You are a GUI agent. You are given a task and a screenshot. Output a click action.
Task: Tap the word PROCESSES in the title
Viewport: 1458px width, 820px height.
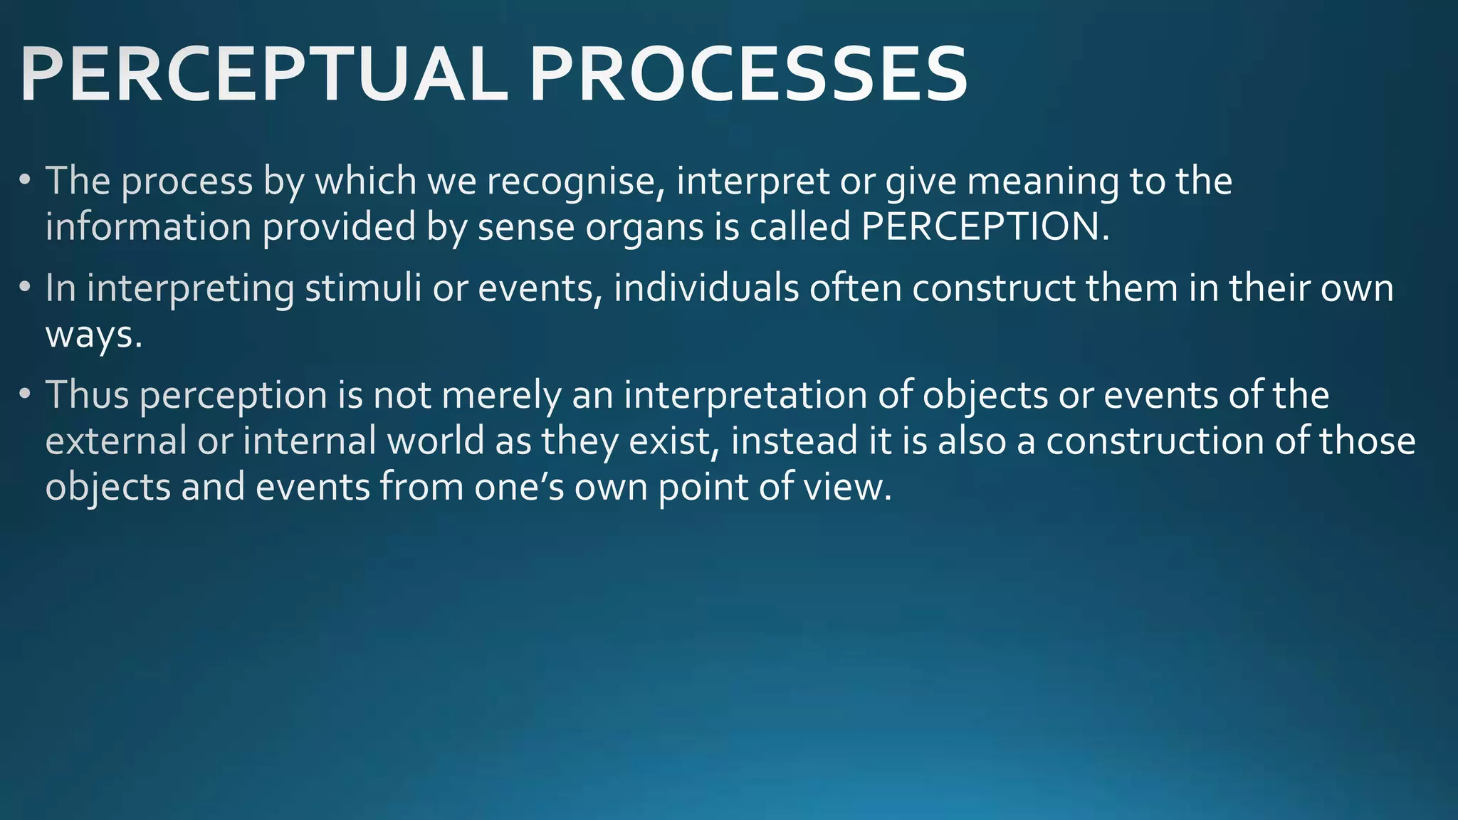coord(748,75)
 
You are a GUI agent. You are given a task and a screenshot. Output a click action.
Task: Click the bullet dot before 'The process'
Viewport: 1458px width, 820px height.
coord(25,180)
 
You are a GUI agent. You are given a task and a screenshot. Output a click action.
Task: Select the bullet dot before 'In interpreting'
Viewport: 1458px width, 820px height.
coord(25,288)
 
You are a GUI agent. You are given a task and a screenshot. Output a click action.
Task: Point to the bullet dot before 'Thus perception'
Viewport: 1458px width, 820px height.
coord(25,394)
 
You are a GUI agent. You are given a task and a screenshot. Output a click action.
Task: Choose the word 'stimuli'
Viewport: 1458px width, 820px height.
coord(363,288)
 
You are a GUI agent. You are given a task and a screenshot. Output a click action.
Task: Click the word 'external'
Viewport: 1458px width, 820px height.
coord(116,441)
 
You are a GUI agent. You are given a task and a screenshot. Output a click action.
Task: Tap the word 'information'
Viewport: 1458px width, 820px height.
coord(148,227)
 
